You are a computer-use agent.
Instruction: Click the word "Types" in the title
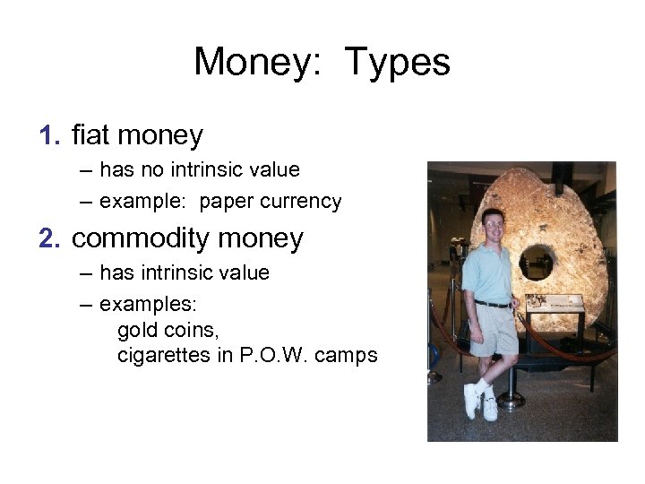(x=397, y=63)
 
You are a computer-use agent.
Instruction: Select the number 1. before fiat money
(x=49, y=136)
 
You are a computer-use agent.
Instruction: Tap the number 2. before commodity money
(x=49, y=239)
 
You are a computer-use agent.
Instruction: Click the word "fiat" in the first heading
(x=90, y=136)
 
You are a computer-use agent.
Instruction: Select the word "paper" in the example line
(x=225, y=202)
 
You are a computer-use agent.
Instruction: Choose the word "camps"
(x=350, y=355)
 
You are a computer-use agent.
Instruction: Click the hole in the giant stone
(x=536, y=263)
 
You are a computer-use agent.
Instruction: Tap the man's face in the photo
(x=494, y=227)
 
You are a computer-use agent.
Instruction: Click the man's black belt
(x=493, y=305)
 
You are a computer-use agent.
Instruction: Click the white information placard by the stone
(x=554, y=303)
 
